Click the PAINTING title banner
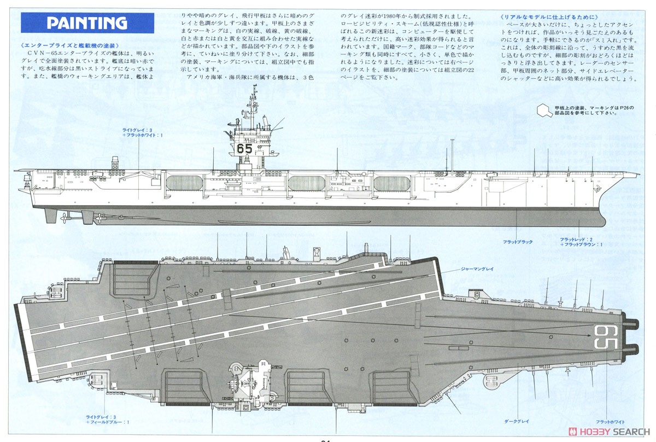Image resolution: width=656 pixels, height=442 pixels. coord(87,23)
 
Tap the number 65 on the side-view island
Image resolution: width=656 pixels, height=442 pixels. coord(244,148)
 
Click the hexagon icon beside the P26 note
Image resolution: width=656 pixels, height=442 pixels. coord(543,111)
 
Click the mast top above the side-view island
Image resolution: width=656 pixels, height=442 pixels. coord(253,88)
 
